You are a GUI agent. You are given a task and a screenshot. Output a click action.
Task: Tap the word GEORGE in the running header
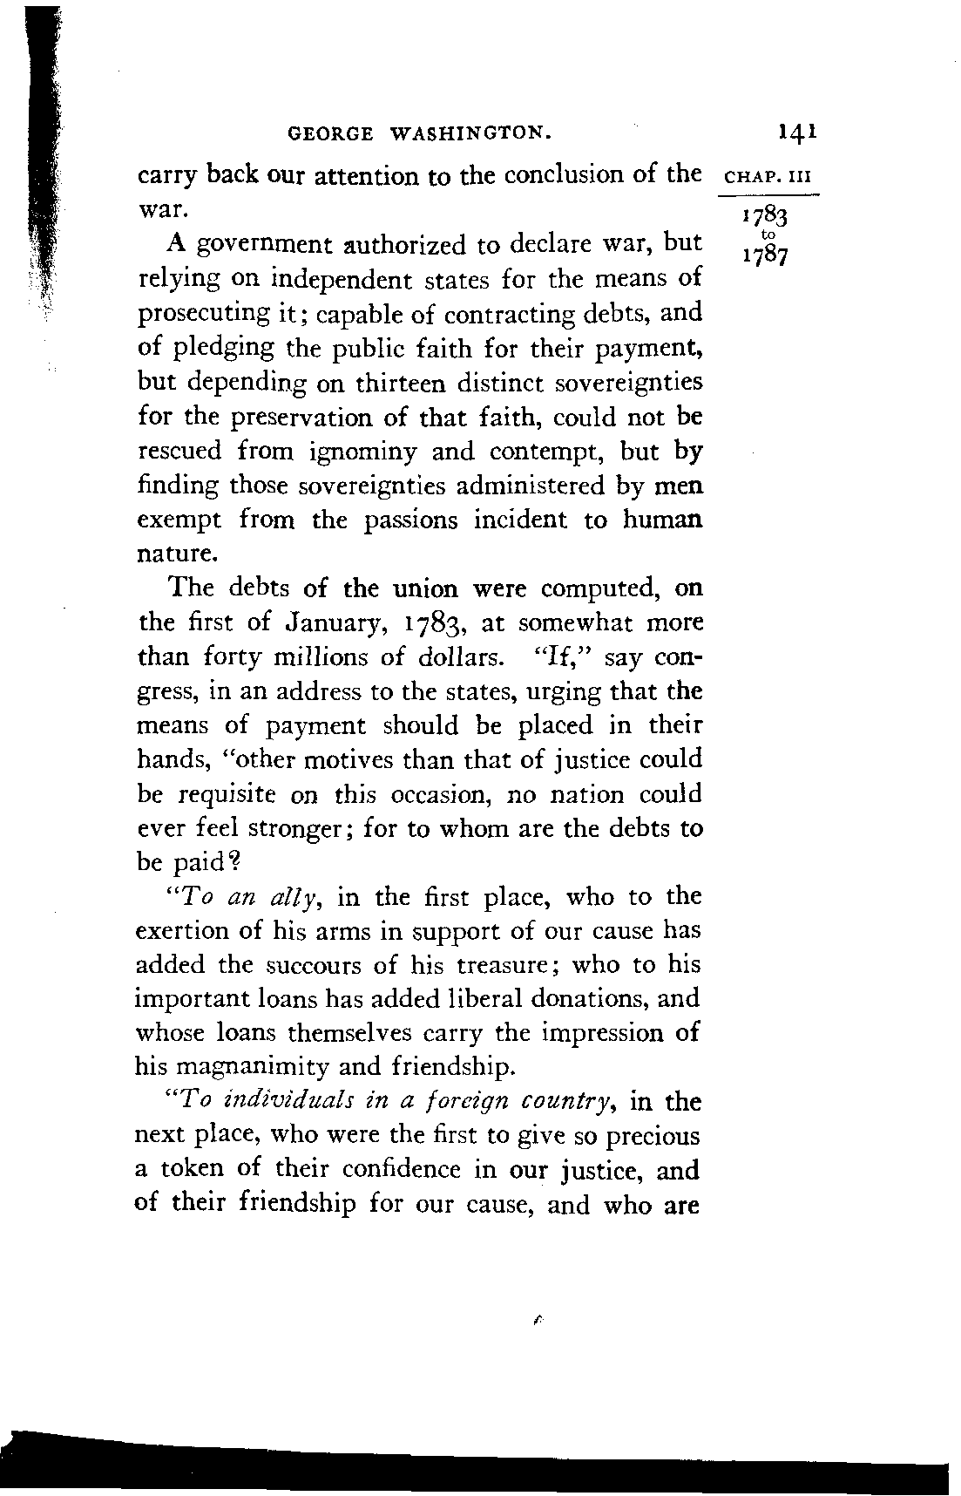pos(330,133)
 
